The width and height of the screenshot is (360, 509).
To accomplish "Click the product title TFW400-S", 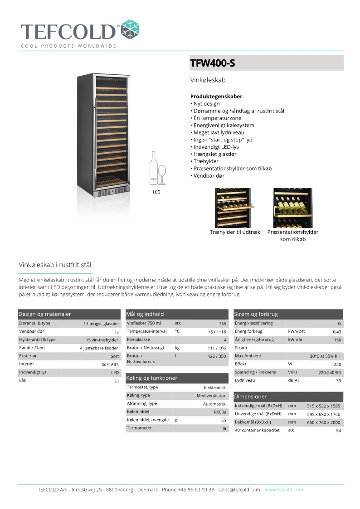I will click(x=213, y=63).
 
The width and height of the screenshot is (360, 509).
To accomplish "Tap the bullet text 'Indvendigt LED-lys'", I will click(x=216, y=147).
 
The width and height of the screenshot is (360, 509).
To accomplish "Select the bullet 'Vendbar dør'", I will click(x=208, y=175).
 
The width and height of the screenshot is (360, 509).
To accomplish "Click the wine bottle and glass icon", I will click(x=158, y=168).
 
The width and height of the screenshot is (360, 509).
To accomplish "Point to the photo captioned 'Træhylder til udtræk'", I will click(x=233, y=208).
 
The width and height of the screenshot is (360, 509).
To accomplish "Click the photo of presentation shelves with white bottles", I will click(x=292, y=208).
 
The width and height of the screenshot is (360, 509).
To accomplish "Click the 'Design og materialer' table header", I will click(x=45, y=314).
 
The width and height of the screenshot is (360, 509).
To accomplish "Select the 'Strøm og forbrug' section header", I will click(x=256, y=314).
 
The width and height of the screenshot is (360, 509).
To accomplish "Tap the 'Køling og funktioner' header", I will click(x=151, y=378).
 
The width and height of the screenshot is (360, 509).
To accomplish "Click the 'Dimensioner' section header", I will click(x=250, y=397).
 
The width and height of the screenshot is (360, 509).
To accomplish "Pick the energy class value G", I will click(x=339, y=324).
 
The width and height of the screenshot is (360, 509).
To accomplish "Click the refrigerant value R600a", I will click(x=220, y=412).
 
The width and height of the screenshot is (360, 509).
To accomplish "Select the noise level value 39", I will click(x=338, y=381).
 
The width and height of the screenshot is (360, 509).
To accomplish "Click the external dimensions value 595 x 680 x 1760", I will click(x=323, y=414).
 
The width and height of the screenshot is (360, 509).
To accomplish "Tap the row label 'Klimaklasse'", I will click(x=138, y=339).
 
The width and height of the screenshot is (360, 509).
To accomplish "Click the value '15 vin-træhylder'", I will click(x=102, y=340).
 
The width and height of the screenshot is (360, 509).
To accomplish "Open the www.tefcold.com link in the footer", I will click(x=284, y=490).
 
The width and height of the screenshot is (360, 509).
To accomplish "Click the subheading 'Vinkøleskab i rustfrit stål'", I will click(x=55, y=265).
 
